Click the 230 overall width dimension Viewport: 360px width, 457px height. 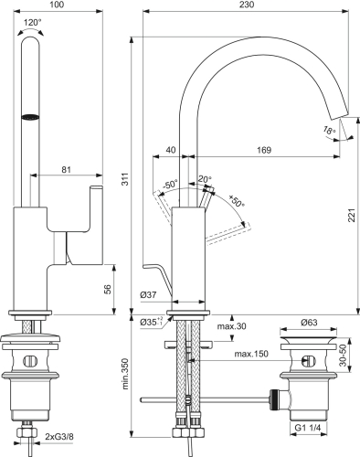click(243, 6)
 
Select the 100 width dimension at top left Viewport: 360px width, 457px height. click(58, 6)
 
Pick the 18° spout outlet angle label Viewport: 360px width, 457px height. click(328, 131)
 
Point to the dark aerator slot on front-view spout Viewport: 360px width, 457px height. click(32, 116)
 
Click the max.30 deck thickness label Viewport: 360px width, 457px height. click(230, 326)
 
